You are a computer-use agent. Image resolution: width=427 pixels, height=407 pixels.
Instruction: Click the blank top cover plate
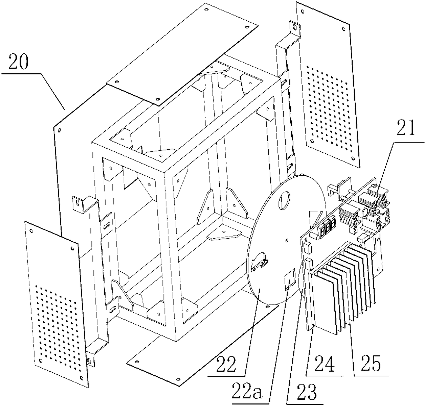[x=183, y=52]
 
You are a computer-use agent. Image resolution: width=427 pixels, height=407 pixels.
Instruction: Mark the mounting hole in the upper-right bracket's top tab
[x=294, y=26]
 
